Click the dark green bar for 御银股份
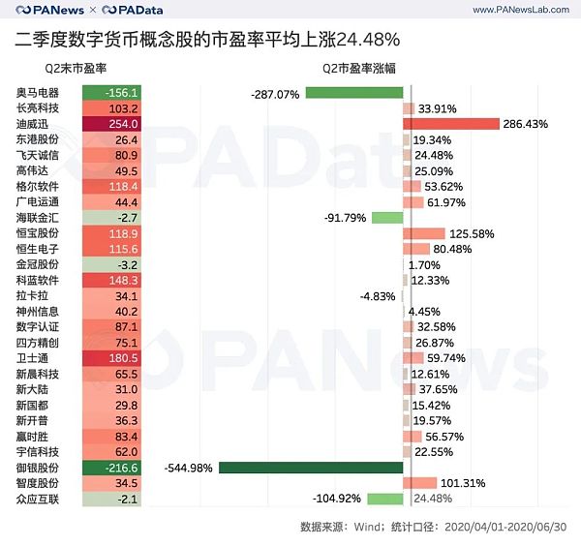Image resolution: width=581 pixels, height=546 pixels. tap(310, 468)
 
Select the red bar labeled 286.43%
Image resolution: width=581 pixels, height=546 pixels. tap(451, 124)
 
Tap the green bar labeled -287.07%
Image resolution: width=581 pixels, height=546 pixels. tap(353, 93)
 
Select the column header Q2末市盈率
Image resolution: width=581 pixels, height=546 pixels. tap(76, 70)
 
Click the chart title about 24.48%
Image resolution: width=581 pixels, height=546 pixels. tap(207, 40)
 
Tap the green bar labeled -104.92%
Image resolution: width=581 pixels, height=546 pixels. tap(384, 499)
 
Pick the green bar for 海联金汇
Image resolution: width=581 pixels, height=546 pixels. tap(387, 218)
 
